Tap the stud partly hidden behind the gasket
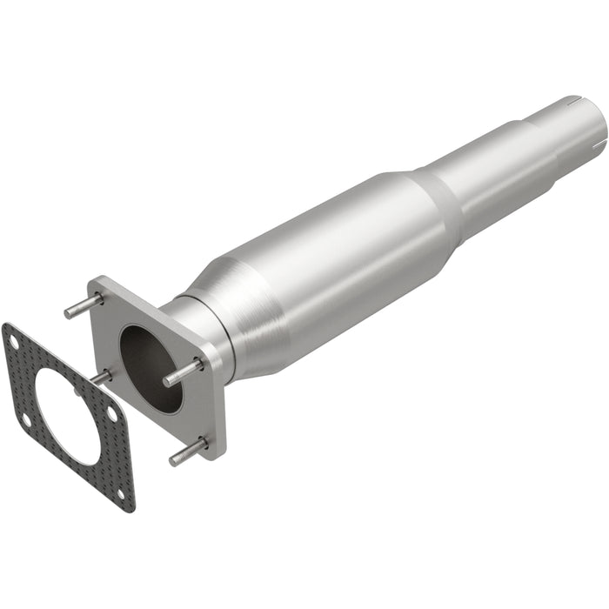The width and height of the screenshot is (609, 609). (x=103, y=377)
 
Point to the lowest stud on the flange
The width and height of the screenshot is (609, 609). (x=188, y=451)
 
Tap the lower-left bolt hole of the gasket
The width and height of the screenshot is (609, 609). (x=25, y=419)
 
